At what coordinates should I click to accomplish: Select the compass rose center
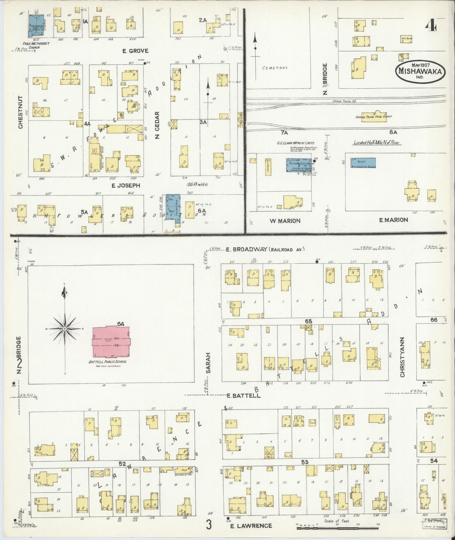coord(65,329)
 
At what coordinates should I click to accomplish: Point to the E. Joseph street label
coord(126,186)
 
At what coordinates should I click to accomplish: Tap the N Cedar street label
coord(157,125)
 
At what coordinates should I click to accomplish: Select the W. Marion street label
coord(285,221)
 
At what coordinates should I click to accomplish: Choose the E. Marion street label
coord(394,220)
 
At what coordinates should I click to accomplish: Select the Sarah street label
coord(208,362)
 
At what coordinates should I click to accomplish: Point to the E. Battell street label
coord(244,396)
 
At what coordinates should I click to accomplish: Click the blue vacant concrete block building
coord(363,163)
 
